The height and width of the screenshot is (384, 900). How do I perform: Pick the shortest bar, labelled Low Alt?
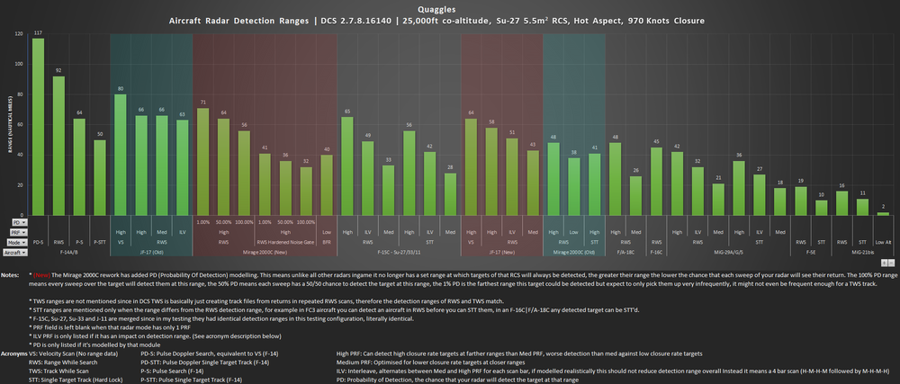pyautogui.click(x=884, y=213)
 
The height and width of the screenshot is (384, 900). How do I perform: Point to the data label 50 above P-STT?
pyautogui.click(x=100, y=135)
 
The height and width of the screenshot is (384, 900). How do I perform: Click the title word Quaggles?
pyautogui.click(x=449, y=6)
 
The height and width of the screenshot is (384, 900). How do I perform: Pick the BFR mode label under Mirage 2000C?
pyautogui.click(x=326, y=243)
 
